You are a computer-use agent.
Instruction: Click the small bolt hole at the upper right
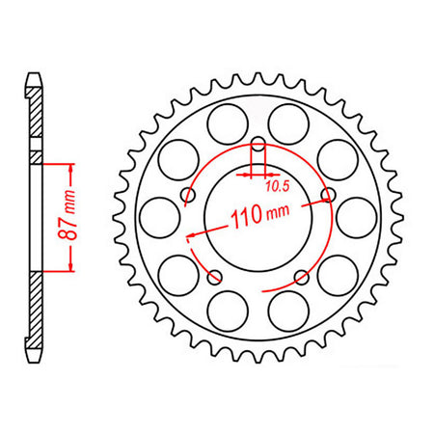328,195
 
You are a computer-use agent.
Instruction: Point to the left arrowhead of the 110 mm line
194,232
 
